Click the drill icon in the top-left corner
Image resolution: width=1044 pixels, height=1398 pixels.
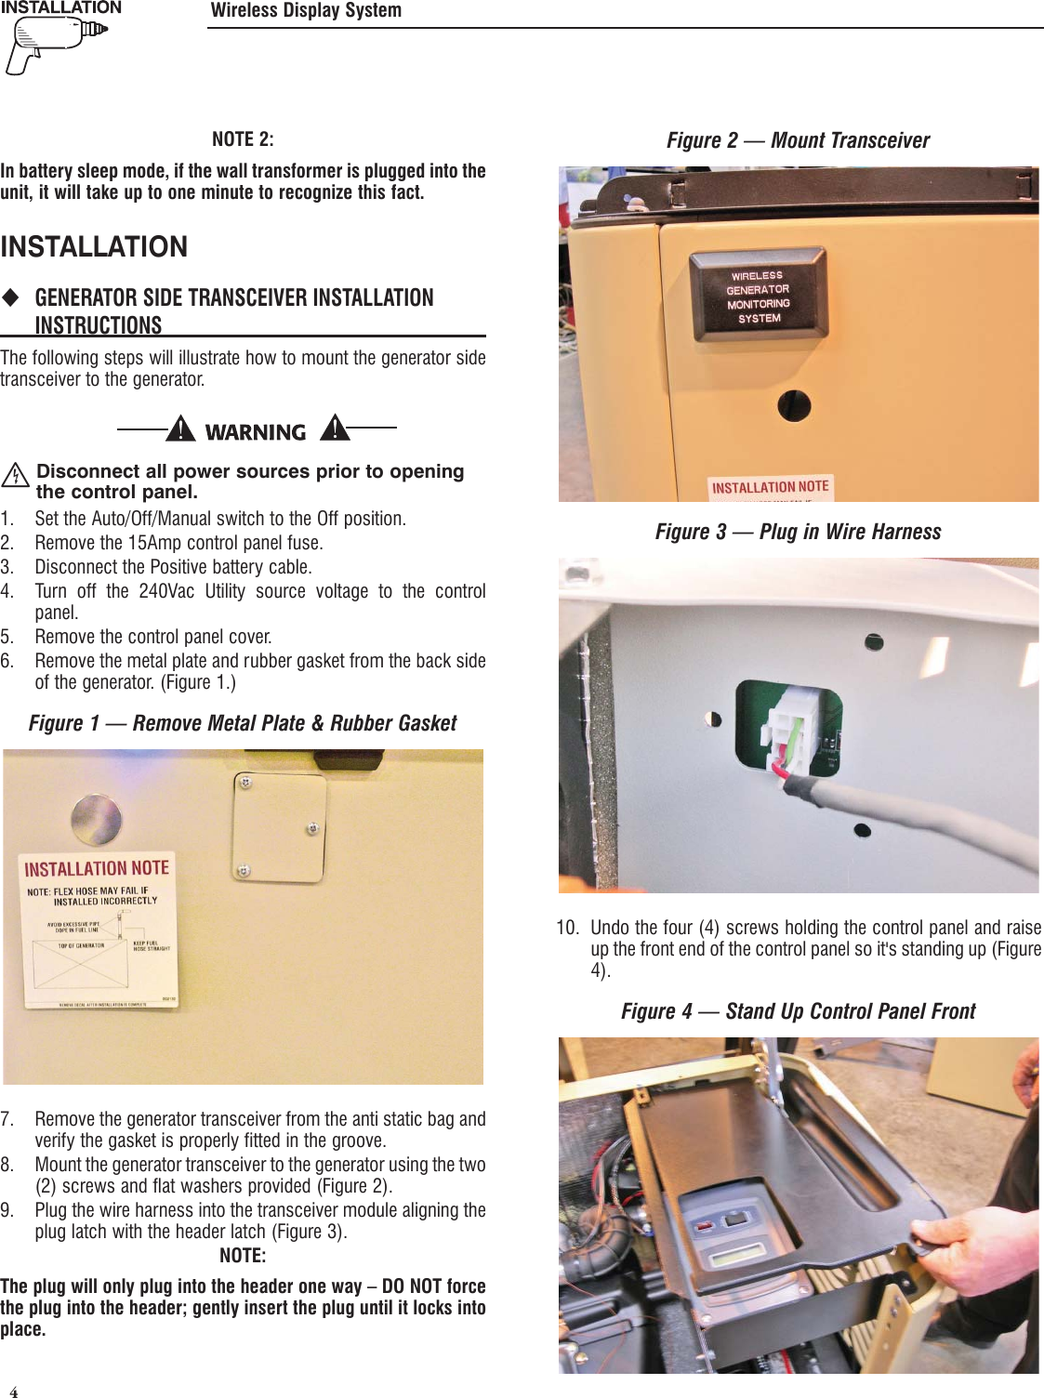[54, 44]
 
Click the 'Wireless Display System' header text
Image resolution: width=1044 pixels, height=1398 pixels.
[306, 11]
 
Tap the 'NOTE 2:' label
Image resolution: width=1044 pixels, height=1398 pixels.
[243, 139]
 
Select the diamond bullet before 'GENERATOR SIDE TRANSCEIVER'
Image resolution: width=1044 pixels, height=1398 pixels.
[10, 297]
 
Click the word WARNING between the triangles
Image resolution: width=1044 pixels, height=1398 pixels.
[256, 432]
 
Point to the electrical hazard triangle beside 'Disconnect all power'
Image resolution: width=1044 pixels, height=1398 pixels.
[15, 476]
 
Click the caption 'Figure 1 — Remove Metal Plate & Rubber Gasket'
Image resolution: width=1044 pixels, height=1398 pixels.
[243, 723]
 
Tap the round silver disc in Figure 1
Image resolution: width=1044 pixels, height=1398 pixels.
[96, 819]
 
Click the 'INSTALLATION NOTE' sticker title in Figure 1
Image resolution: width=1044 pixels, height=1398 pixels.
[97, 868]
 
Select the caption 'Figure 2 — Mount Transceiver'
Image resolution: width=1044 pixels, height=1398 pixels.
[798, 140]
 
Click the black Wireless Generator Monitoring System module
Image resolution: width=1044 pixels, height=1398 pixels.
[758, 297]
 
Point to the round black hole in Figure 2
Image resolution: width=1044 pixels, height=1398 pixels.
[794, 405]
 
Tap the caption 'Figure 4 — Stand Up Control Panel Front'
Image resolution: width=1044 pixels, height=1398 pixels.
[798, 1011]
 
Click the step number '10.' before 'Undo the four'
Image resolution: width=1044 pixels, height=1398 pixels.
[567, 928]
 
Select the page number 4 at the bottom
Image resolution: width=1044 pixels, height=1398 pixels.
[13, 1391]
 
